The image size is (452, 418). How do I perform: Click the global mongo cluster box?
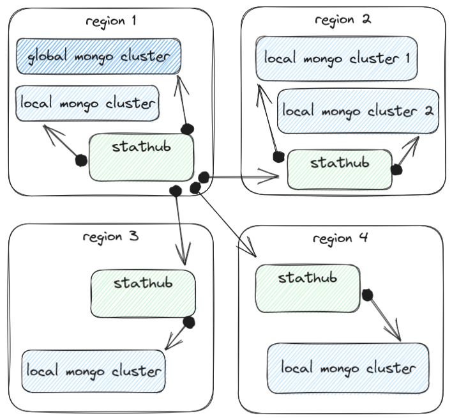98,56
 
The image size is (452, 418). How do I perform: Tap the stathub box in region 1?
141,157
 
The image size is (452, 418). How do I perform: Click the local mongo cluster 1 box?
336,58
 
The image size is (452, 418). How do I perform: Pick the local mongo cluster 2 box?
358,111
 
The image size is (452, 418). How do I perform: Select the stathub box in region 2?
339,169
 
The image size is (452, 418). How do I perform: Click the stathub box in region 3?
142,292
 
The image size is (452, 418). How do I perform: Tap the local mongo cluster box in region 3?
93,371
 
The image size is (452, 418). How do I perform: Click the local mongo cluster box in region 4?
348,368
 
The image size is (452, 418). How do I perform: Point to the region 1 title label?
111,20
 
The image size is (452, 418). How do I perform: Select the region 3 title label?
111,236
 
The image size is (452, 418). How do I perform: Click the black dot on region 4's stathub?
367,295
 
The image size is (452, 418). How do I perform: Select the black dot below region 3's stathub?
188,322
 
